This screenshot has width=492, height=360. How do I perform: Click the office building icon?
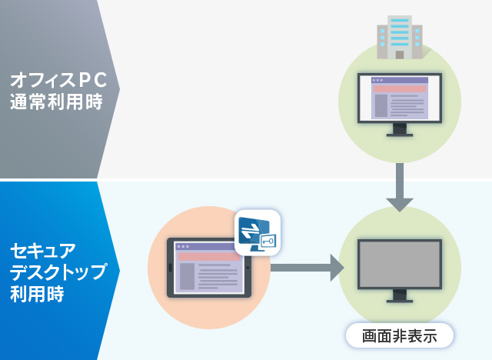click(400, 37)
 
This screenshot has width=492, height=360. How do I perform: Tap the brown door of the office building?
click(400, 55)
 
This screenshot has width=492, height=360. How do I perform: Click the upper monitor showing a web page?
click(400, 105)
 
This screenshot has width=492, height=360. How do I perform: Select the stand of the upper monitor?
click(400, 130)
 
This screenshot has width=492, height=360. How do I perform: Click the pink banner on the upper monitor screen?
click(400, 88)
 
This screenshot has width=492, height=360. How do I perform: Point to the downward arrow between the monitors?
click(400, 188)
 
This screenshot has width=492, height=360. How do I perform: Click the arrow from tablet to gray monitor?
click(307, 268)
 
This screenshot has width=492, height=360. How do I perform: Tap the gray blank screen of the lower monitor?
click(400, 264)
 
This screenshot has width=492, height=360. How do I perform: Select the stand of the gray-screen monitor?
click(400, 296)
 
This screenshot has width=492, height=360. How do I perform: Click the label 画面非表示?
click(400, 336)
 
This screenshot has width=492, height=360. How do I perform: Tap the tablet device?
click(209, 268)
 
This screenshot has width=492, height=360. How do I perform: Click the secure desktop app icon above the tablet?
click(258, 232)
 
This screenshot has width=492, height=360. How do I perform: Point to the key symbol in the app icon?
click(268, 241)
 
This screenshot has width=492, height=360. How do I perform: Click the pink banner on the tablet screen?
click(209, 257)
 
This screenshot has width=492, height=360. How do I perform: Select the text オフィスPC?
click(58, 80)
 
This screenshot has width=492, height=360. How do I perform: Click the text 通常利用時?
click(56, 102)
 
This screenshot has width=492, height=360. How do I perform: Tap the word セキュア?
click(43, 250)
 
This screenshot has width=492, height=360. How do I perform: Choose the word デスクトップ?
click(58, 272)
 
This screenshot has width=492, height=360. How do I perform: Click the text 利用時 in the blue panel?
click(37, 294)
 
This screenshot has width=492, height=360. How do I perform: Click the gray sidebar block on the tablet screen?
click(187, 276)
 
